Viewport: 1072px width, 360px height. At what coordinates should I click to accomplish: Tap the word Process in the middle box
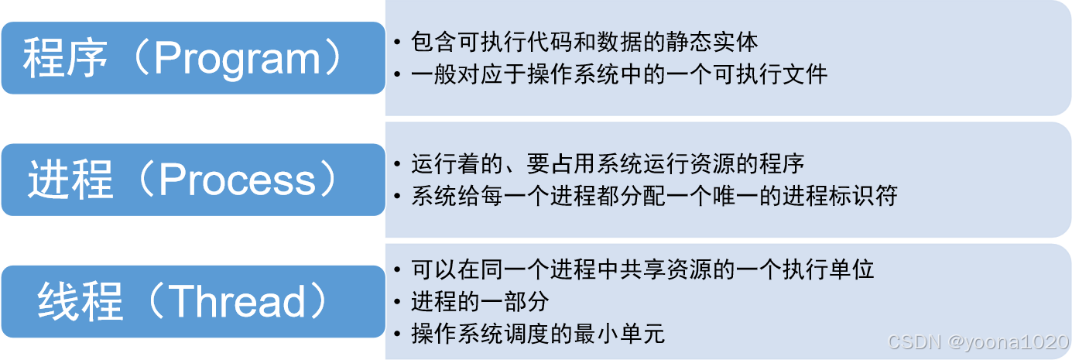[x=238, y=180]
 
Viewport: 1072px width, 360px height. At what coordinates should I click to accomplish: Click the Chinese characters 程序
[x=66, y=60]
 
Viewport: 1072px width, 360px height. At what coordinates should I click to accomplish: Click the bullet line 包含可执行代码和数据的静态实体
[x=585, y=41]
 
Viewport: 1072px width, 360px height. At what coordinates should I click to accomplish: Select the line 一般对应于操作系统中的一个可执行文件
[x=619, y=74]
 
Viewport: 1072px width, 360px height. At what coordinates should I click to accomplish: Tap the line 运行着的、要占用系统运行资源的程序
[x=608, y=164]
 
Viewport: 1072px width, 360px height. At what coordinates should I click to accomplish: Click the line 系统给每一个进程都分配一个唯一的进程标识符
[x=654, y=197]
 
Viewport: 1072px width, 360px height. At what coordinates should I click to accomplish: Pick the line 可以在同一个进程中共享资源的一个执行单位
[x=642, y=269]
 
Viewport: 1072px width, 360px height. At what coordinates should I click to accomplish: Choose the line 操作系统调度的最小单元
[x=538, y=334]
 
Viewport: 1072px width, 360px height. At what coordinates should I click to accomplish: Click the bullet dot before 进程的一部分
[x=398, y=302]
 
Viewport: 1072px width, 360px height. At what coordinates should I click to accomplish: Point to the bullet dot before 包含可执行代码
[x=398, y=42]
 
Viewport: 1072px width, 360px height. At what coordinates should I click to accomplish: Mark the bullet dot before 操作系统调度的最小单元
[x=398, y=334]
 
